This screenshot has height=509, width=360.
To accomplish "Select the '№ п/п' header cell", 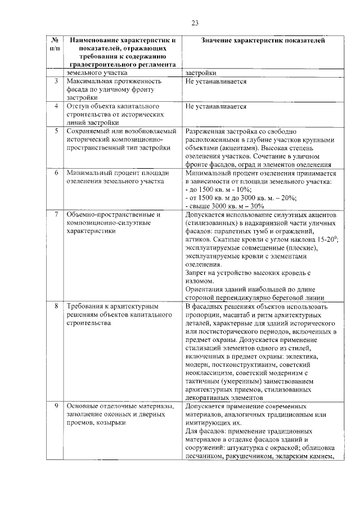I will [x=55, y=45].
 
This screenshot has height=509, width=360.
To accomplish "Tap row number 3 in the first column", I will [x=56, y=82].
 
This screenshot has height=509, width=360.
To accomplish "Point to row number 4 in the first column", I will [x=56, y=106].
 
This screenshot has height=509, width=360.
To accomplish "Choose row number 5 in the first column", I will [x=56, y=131].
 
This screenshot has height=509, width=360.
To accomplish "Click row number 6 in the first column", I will [x=56, y=173].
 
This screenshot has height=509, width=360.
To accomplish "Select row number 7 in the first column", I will [x=56, y=215].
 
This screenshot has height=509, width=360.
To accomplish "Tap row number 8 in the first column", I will [x=56, y=307].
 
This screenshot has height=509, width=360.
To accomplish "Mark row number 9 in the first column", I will [x=56, y=406].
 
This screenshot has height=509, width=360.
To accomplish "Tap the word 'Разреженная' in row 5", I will [x=206, y=131].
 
